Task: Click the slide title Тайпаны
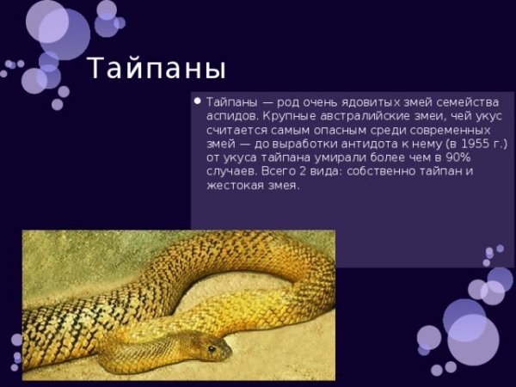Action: point(157,69)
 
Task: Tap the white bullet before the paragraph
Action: point(197,100)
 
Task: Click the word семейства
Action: point(465,101)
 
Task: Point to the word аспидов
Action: point(230,115)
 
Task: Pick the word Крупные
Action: point(289,115)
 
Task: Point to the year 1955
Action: point(470,143)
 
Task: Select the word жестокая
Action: point(235,184)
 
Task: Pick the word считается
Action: point(236,129)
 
